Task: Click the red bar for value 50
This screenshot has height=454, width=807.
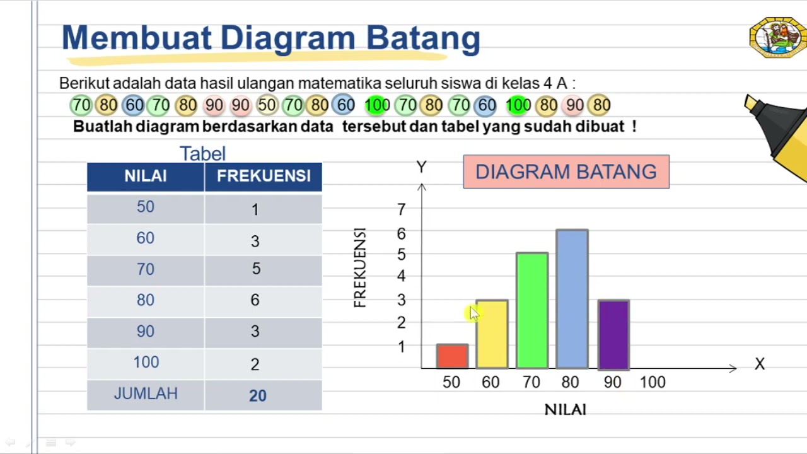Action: (452, 356)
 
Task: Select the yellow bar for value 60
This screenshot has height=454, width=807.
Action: (492, 335)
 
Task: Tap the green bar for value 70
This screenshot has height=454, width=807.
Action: (532, 310)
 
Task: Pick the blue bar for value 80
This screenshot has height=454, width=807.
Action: (572, 299)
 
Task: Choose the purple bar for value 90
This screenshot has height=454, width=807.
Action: (613, 335)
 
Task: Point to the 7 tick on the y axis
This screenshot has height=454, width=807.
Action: (402, 209)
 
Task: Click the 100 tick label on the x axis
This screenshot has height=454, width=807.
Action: (653, 382)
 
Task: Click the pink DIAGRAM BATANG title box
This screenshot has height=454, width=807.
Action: (566, 172)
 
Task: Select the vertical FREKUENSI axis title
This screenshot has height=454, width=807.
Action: (360, 268)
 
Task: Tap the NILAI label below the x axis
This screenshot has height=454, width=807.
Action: (566, 410)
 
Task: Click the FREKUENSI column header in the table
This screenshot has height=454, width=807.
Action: (264, 177)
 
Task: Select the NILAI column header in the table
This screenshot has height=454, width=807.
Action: (146, 177)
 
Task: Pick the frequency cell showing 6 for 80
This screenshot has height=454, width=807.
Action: (255, 301)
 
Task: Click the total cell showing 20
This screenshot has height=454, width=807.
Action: (258, 395)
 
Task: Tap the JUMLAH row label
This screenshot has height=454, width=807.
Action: (146, 394)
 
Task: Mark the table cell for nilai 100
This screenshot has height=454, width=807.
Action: (146, 363)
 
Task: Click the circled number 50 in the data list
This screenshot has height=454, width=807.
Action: (267, 105)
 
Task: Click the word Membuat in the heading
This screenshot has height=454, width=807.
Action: (136, 38)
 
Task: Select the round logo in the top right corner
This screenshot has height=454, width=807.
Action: (777, 38)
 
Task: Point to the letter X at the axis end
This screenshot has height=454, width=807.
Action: (760, 364)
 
